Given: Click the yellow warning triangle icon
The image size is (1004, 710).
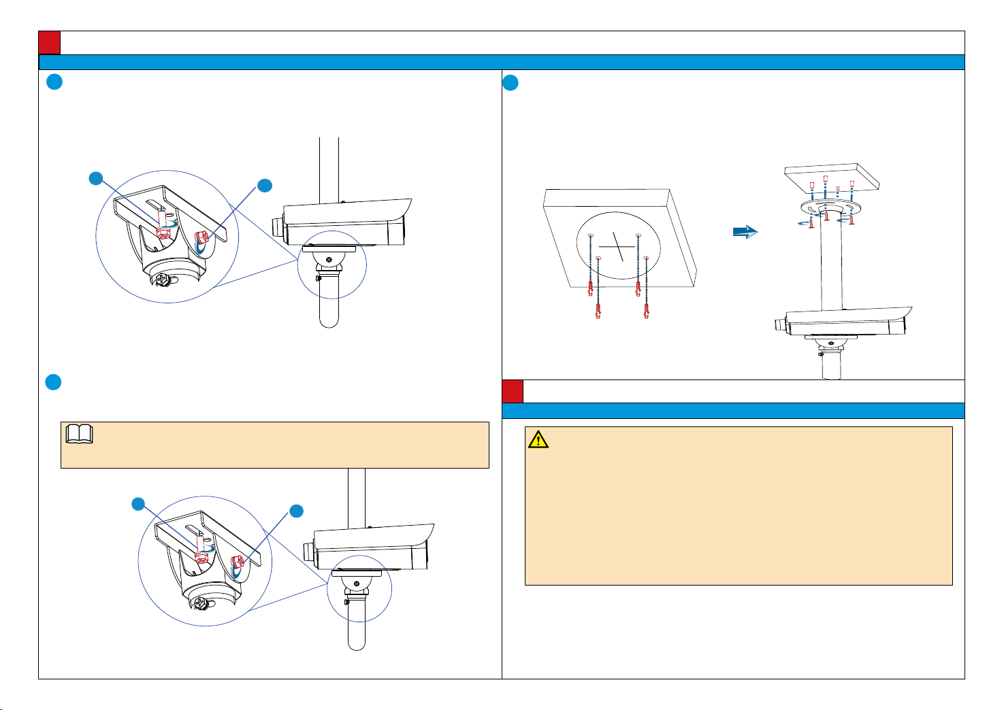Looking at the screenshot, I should [538, 440].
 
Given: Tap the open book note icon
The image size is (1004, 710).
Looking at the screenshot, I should [80, 435].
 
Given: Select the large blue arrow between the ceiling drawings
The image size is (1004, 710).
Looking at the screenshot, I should [745, 232].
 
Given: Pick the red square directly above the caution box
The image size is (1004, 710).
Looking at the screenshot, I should [513, 391].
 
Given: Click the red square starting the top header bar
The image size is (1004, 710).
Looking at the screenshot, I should [50, 42].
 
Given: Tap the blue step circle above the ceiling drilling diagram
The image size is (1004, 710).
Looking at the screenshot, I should [511, 83].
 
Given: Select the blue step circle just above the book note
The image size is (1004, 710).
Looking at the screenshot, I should [54, 382].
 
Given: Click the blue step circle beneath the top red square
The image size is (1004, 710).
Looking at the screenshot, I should [54, 82].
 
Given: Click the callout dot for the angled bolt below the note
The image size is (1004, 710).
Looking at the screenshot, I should [296, 511].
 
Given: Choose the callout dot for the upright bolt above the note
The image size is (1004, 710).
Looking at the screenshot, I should [96, 178].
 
